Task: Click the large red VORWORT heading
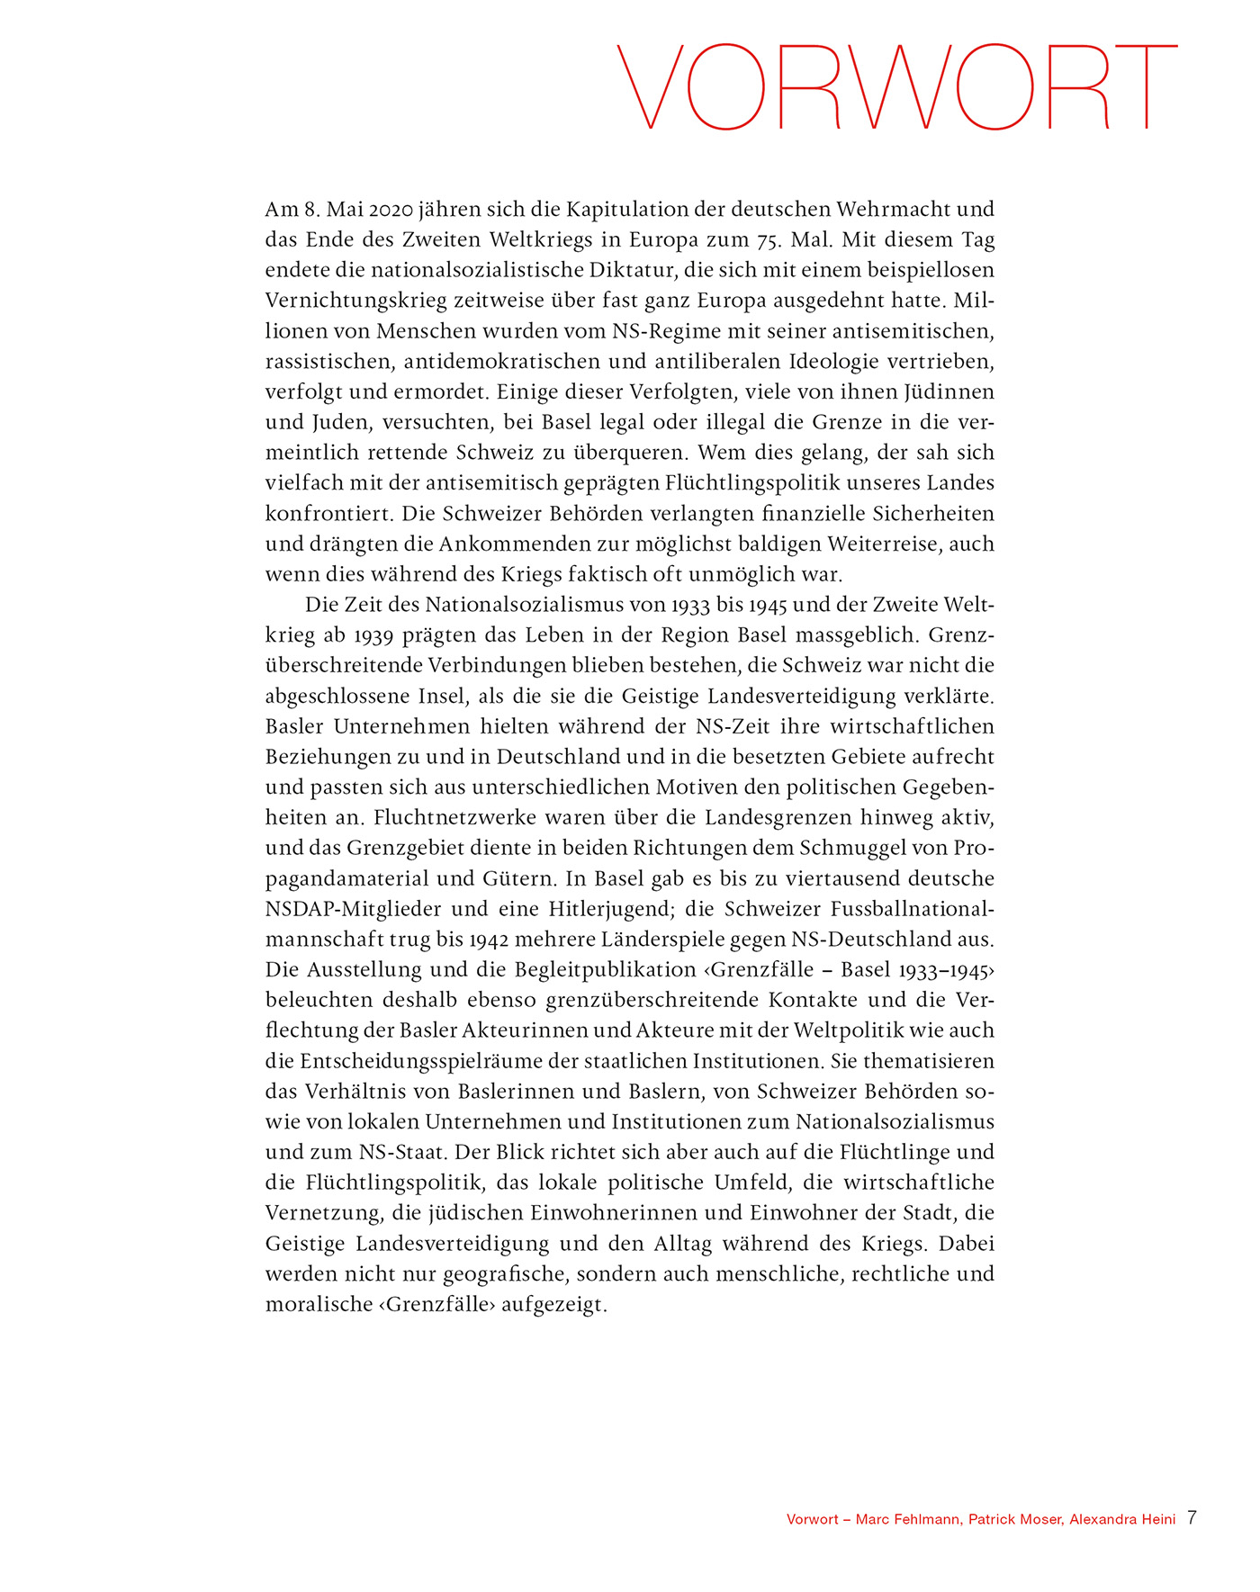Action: pyautogui.click(x=896, y=87)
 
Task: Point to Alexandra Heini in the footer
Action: pyautogui.click(x=1122, y=1519)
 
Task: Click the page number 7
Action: pyautogui.click(x=1192, y=1518)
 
